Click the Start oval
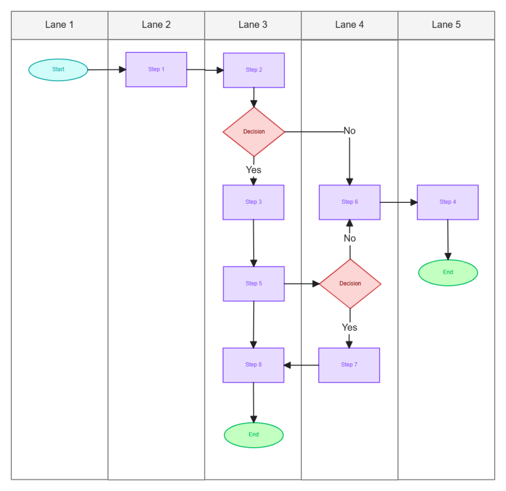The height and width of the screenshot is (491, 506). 58,70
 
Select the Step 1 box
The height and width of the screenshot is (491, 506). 156,70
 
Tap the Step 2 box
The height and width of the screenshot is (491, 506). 254,70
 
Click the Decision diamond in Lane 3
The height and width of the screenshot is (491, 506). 254,132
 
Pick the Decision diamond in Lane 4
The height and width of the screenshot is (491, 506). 350,283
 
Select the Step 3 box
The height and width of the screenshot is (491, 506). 253,202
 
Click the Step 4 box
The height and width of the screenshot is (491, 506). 447,202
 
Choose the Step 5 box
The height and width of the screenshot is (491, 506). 254,283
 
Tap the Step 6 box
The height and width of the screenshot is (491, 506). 350,202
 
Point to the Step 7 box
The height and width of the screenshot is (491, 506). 349,365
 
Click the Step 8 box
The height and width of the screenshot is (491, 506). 253,365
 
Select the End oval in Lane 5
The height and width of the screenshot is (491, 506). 448,272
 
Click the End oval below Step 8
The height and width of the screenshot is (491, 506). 253,435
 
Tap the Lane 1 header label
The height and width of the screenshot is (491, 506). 59,25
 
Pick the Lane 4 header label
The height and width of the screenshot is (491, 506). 350,25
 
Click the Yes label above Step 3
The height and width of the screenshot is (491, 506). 253,170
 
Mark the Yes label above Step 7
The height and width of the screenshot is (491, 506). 350,327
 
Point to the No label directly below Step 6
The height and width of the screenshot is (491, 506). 350,238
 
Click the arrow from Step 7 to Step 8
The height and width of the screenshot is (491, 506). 301,365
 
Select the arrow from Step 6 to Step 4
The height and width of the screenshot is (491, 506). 398,202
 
